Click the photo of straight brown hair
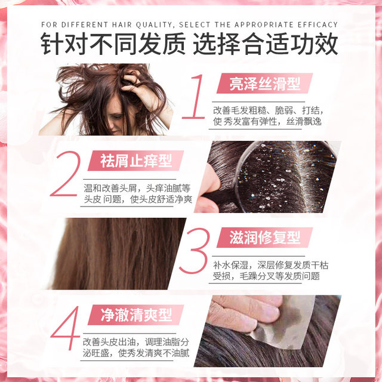point(119,253)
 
